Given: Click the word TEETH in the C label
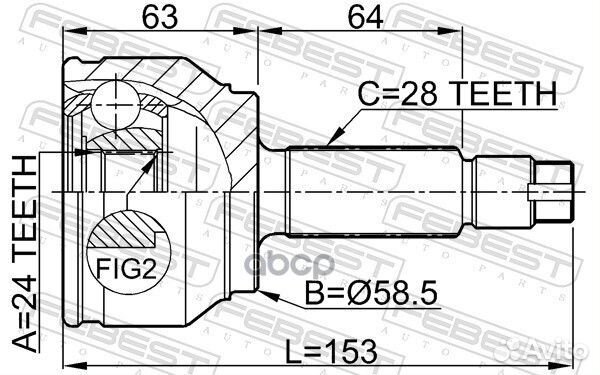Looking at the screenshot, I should point(504,94).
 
